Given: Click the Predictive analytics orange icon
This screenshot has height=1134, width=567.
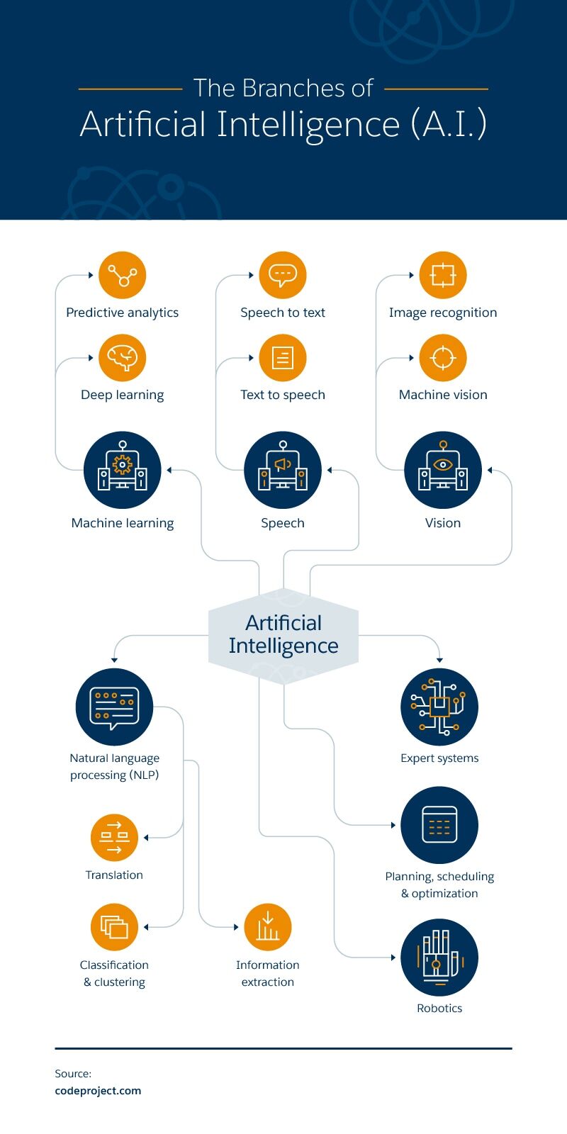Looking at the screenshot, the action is pyautogui.click(x=123, y=275).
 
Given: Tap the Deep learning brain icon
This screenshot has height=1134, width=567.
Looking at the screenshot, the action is pyautogui.click(x=123, y=357).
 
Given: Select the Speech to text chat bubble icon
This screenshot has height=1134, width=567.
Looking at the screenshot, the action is pyautogui.click(x=283, y=275).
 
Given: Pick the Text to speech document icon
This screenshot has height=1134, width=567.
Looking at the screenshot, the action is pyautogui.click(x=283, y=357).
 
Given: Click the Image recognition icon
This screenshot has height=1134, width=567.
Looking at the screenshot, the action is pyautogui.click(x=443, y=275).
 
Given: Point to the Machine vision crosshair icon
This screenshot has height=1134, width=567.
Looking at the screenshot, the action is pyautogui.click(x=443, y=357).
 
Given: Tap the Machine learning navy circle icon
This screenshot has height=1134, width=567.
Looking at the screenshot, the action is pyautogui.click(x=123, y=470).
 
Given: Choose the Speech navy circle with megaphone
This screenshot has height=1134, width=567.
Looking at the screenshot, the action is pyautogui.click(x=283, y=470).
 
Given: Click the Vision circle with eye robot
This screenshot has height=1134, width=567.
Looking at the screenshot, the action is pyautogui.click(x=443, y=470).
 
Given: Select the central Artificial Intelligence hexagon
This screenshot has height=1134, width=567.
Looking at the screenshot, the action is pyautogui.click(x=283, y=636).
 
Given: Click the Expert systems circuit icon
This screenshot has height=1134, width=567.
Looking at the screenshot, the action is pyautogui.click(x=439, y=707).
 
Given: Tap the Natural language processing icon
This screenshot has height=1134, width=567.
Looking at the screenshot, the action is pyautogui.click(x=114, y=707).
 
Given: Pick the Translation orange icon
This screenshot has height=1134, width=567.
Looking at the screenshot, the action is pyautogui.click(x=114, y=837).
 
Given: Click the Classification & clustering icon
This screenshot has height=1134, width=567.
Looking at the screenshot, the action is pyautogui.click(x=114, y=927).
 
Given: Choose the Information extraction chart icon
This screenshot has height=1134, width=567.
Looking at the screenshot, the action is pyautogui.click(x=268, y=927).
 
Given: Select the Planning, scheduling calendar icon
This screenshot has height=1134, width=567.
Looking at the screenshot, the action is pyautogui.click(x=439, y=825).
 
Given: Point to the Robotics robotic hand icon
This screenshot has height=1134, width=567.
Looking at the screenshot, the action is pyautogui.click(x=439, y=958).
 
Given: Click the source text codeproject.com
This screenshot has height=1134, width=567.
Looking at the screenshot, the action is pyautogui.click(x=99, y=1091).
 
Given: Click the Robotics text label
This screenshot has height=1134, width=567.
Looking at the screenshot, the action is pyautogui.click(x=439, y=1008).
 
